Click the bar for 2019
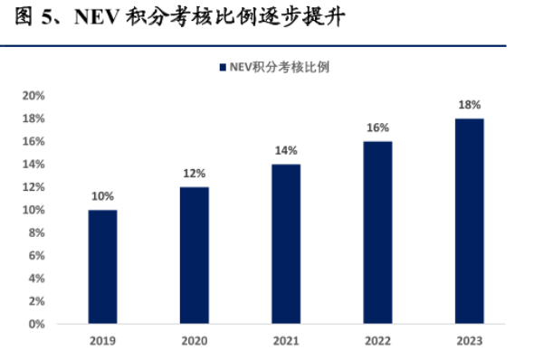(x=102, y=266)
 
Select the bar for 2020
(x=194, y=255)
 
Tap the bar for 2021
(x=286, y=243)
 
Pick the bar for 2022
(x=377, y=232)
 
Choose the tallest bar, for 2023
(x=469, y=221)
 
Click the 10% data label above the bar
(x=102, y=196)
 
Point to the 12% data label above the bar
(x=194, y=173)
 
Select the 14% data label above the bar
(x=286, y=150)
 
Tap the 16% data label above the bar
(x=377, y=128)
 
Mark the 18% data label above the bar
(x=469, y=105)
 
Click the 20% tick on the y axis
(x=33, y=96)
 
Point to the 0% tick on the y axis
(x=37, y=323)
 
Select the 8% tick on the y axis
(x=37, y=232)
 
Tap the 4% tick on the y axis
(x=37, y=278)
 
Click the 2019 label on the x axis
(x=102, y=341)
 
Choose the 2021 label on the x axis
(x=286, y=341)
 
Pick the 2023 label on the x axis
(x=469, y=341)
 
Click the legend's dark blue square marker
(x=223, y=67)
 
